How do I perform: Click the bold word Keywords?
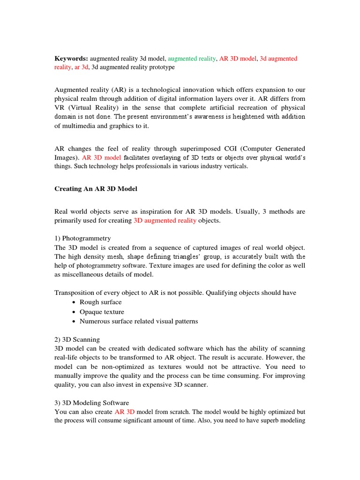(71, 59)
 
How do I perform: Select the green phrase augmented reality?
(192, 59)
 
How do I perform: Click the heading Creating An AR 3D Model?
(96, 189)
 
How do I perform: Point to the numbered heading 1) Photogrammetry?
(82, 238)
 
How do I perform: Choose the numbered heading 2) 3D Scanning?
(77, 339)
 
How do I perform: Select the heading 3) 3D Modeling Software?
(91, 403)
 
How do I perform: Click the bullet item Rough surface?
(100, 302)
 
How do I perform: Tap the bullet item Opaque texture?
(102, 312)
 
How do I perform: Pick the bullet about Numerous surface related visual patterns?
(139, 321)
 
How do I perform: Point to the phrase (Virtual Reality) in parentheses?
(94, 98)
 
